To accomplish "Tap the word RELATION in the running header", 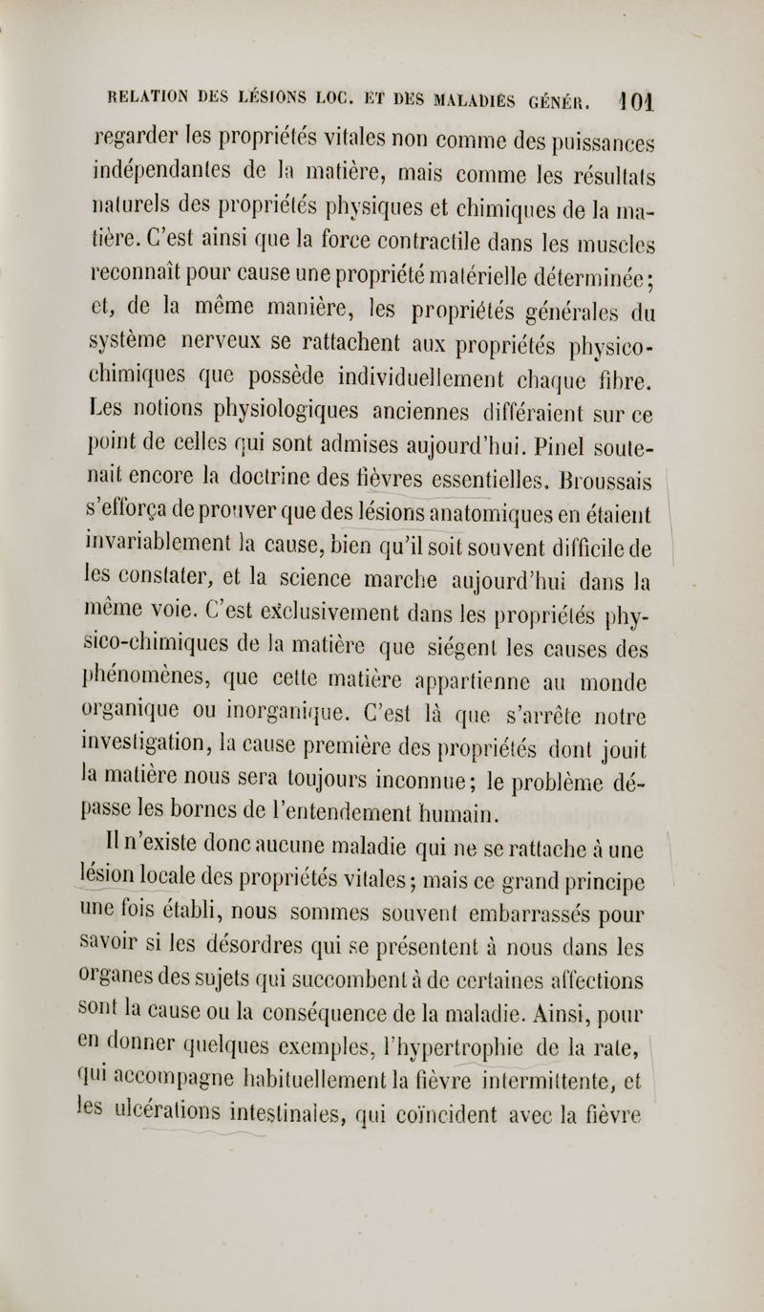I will pos(160,96).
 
